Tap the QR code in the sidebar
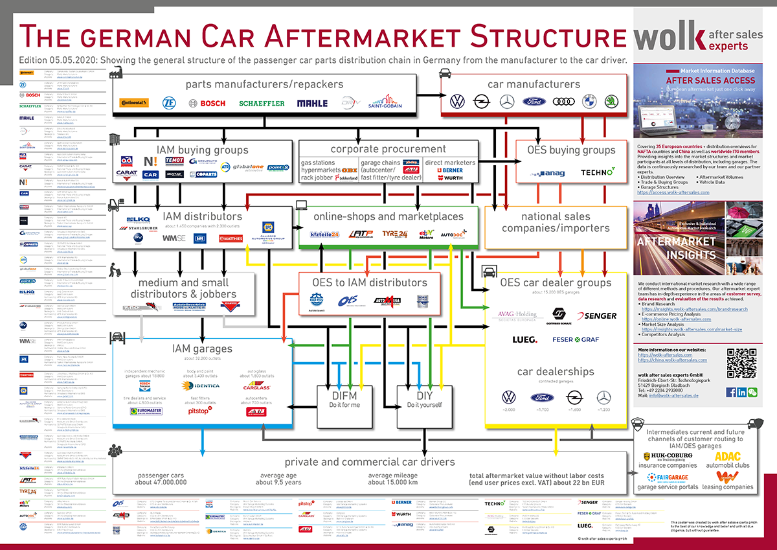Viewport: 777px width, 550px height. [x=741, y=364]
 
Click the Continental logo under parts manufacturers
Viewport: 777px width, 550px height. [x=134, y=103]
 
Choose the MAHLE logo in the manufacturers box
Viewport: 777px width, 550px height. [x=312, y=103]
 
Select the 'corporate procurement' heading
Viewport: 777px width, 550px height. [x=388, y=149]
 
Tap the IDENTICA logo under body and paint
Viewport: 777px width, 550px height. [x=202, y=385]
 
